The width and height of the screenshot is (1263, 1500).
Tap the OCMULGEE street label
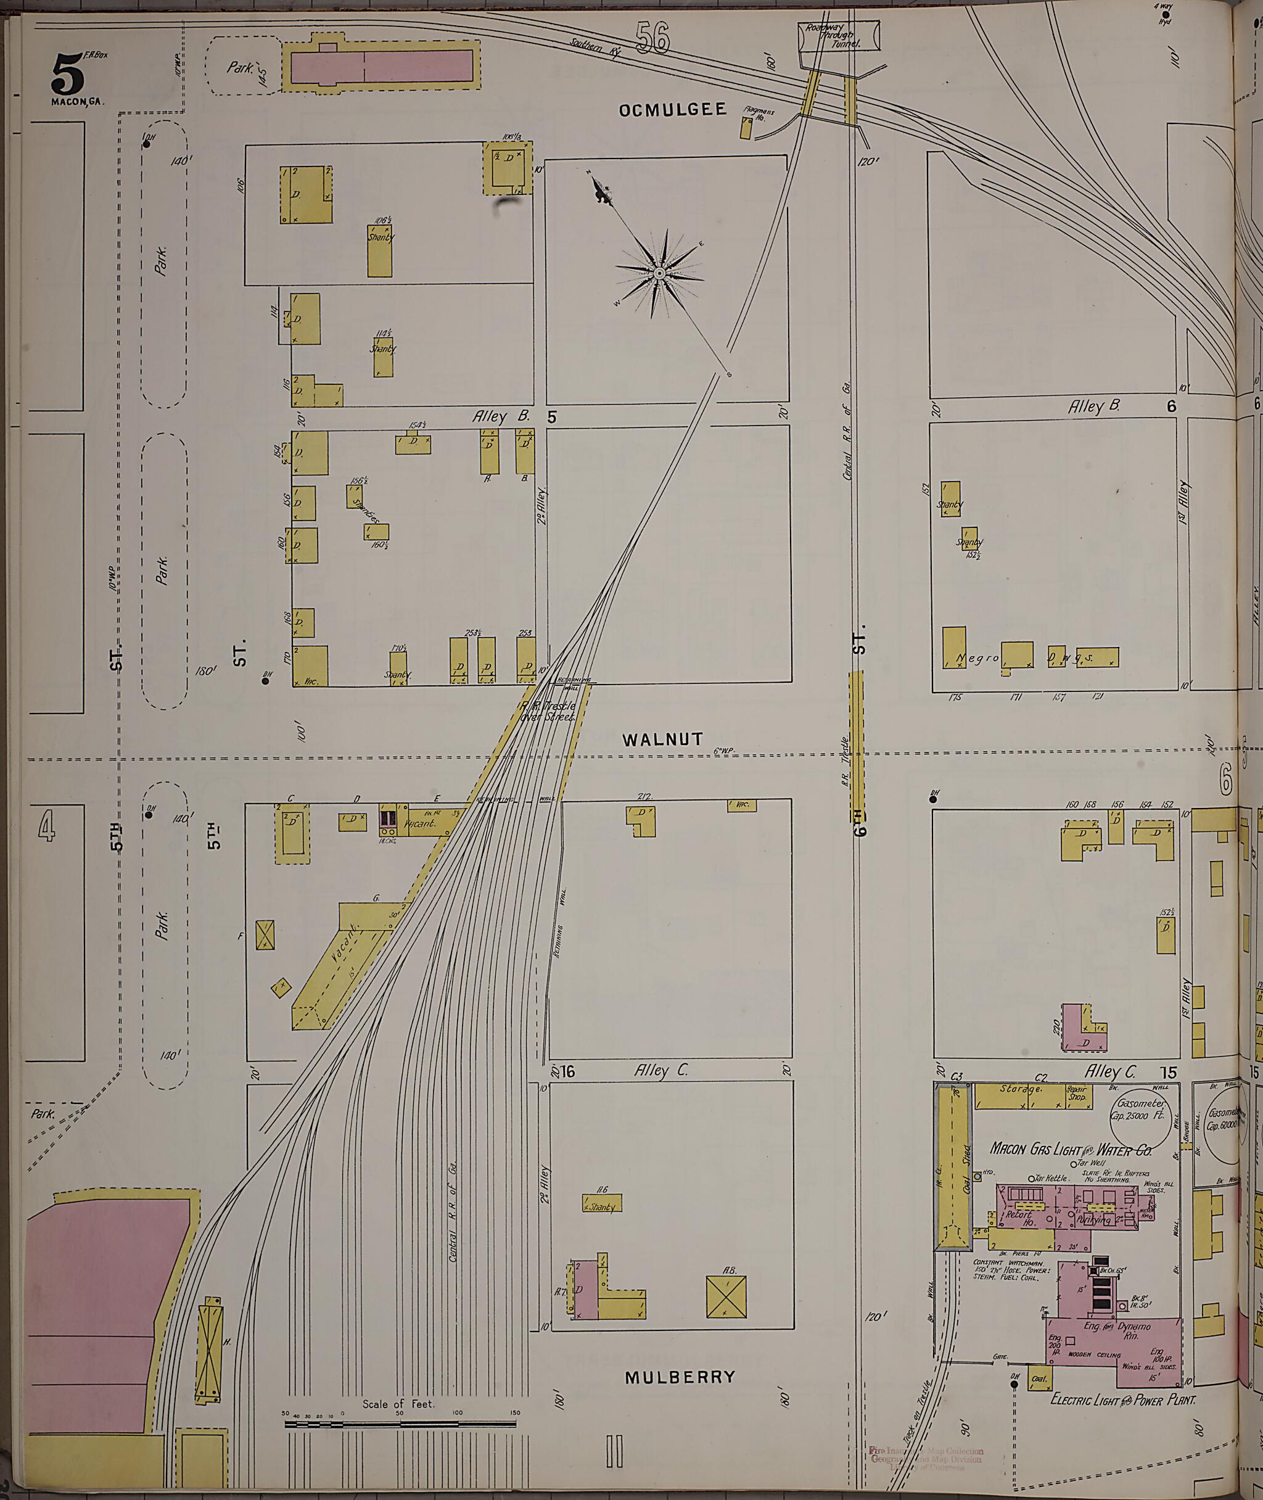pos(672,110)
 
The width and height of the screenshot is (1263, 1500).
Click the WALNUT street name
pos(662,740)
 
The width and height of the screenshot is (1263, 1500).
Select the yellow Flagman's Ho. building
pos(746,128)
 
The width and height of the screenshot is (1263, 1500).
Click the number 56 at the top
pos(652,38)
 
